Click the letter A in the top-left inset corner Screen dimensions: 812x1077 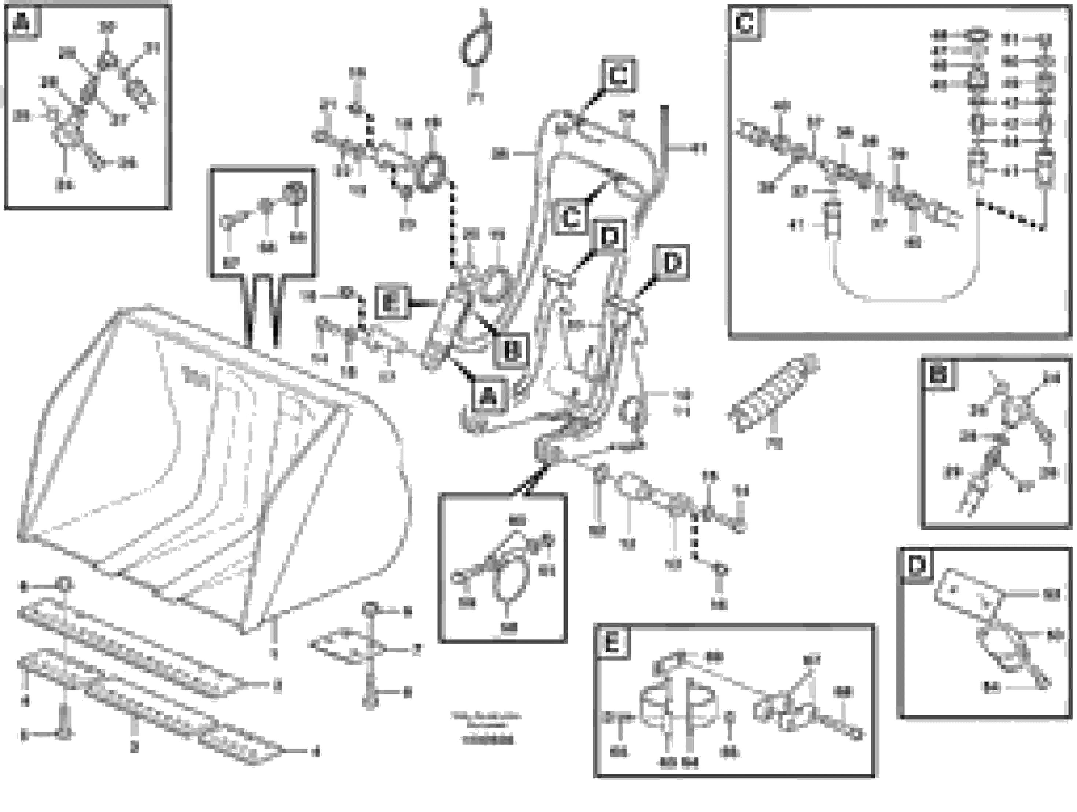pyautogui.click(x=21, y=22)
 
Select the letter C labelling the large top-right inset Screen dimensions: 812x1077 pyautogui.click(x=745, y=23)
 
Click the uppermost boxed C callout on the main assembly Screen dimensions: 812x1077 pyautogui.click(x=618, y=75)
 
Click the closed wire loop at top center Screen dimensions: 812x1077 pyautogui.click(x=476, y=46)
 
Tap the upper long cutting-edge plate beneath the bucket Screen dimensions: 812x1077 pyautogui.click(x=132, y=647)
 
